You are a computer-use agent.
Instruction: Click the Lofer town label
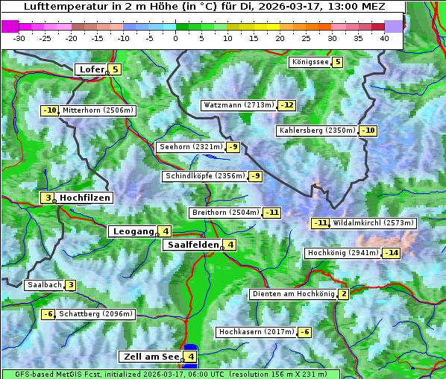(91, 69)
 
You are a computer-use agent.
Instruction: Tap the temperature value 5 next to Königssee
(337, 62)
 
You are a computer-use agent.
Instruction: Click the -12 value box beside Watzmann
(286, 105)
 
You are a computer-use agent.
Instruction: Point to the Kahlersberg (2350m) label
(317, 131)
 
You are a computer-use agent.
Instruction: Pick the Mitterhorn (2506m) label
(98, 110)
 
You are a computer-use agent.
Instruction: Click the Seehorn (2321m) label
(191, 147)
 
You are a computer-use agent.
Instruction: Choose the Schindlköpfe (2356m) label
(204, 176)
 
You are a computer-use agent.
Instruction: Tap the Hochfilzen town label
(85, 198)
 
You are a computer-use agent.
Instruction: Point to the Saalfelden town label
(193, 245)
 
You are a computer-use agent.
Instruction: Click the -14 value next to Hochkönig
(391, 253)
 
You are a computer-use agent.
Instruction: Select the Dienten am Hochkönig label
(293, 294)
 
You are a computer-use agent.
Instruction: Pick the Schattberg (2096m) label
(96, 314)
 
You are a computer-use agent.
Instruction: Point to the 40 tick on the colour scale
(384, 37)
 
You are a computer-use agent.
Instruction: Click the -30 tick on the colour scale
(19, 37)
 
